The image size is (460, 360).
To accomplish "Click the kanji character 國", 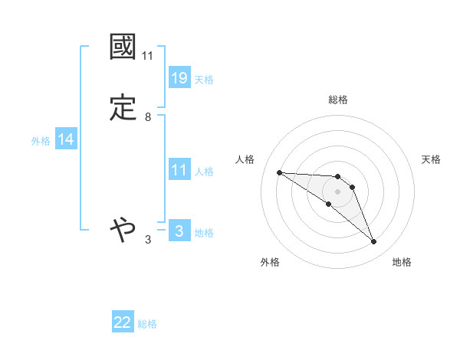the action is point(123,47).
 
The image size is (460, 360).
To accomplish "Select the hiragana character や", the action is point(123,228).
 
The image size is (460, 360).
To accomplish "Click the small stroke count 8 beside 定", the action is point(148,117).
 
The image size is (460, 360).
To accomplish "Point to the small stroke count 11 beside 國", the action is point(148,56).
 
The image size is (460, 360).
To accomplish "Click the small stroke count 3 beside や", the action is point(148,240).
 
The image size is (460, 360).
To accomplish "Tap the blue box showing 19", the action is point(179,78).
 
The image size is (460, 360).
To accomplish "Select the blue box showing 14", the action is point(66,139).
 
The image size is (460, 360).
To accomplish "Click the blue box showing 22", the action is point(123,323).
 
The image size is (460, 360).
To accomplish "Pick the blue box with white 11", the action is point(179,170).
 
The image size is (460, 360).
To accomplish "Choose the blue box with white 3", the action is point(179,231).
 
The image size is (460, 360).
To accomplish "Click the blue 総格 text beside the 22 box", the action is point(147,324).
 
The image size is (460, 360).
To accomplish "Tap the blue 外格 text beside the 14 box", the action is point(41,141).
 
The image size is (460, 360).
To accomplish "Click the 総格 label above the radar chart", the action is point(338,100).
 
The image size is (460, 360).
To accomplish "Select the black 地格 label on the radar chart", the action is point(402,262).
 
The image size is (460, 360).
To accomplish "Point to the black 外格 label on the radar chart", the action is point(270,262).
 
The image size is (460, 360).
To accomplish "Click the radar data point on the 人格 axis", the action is point(279,172).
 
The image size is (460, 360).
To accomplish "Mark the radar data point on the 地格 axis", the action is point(374,242).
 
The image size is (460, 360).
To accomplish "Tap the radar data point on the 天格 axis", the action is point(352,187).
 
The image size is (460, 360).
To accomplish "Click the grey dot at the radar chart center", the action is point(338,191).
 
